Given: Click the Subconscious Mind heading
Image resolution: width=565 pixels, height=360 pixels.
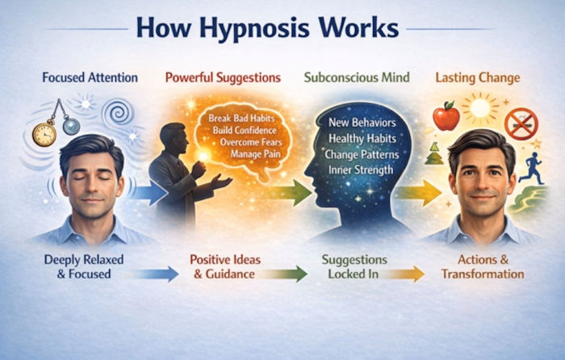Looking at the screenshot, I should [x=356, y=78].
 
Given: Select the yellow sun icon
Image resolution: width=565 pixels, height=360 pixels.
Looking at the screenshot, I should [x=483, y=107].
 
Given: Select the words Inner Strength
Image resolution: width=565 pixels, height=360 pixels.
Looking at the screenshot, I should [x=361, y=170].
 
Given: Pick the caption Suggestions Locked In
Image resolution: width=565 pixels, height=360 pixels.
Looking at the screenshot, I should [x=356, y=267].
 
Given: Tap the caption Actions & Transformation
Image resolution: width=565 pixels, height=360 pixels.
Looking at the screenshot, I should [x=483, y=267].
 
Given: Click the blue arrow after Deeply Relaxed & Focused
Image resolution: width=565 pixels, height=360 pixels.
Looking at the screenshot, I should [x=153, y=274].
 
